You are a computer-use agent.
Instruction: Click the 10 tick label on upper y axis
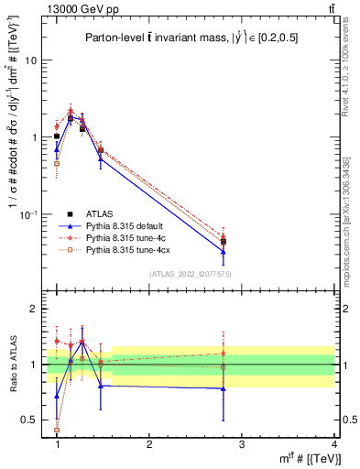30,60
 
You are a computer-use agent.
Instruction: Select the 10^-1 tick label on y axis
28,214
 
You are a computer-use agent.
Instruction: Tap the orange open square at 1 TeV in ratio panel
57,430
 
